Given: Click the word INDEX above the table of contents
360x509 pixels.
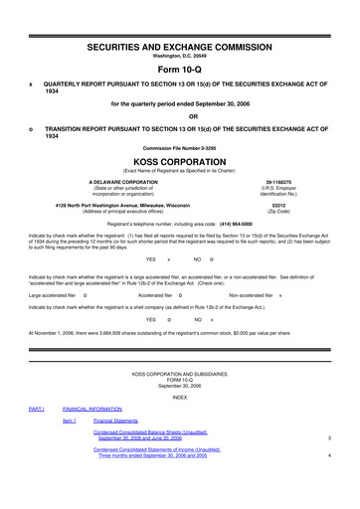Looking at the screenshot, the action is (179, 396).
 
